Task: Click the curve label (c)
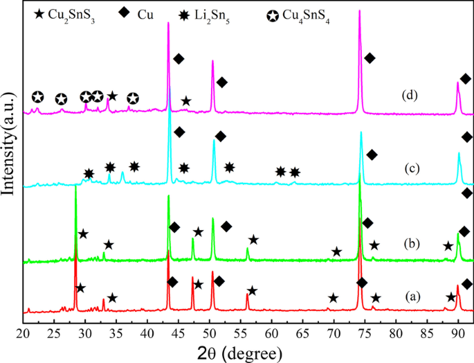coord(413,168)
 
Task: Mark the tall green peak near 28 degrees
coord(75,191)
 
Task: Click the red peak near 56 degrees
coord(247,296)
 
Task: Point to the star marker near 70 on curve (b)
coord(336,251)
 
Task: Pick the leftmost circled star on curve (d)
coord(37,97)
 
